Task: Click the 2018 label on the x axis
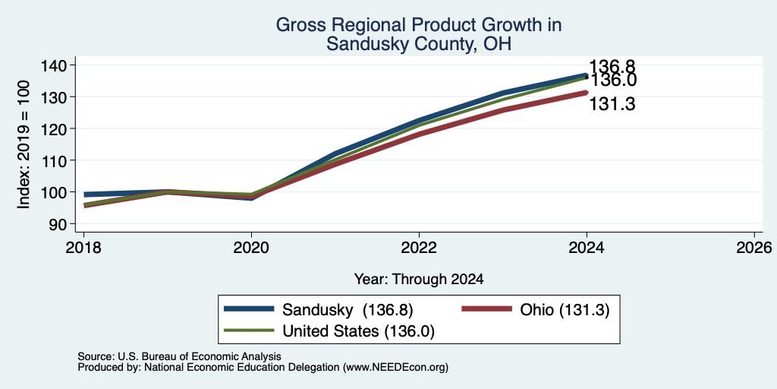coord(83,247)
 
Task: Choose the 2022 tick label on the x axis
coord(419,247)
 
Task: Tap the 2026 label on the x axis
coord(754,247)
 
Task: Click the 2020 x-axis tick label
coord(251,247)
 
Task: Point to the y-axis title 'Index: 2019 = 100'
coord(24,144)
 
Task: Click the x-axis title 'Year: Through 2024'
coord(419,280)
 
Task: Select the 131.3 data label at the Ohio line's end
coord(612,104)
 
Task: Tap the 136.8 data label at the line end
coord(612,67)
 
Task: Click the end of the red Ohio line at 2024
coord(587,92)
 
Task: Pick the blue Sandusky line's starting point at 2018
coord(84,194)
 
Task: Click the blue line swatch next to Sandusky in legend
coord(249,308)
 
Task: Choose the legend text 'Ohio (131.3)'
coord(565,310)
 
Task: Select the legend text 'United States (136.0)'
coord(358,331)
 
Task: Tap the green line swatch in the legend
coord(249,330)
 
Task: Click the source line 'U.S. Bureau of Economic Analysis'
coord(200,356)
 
